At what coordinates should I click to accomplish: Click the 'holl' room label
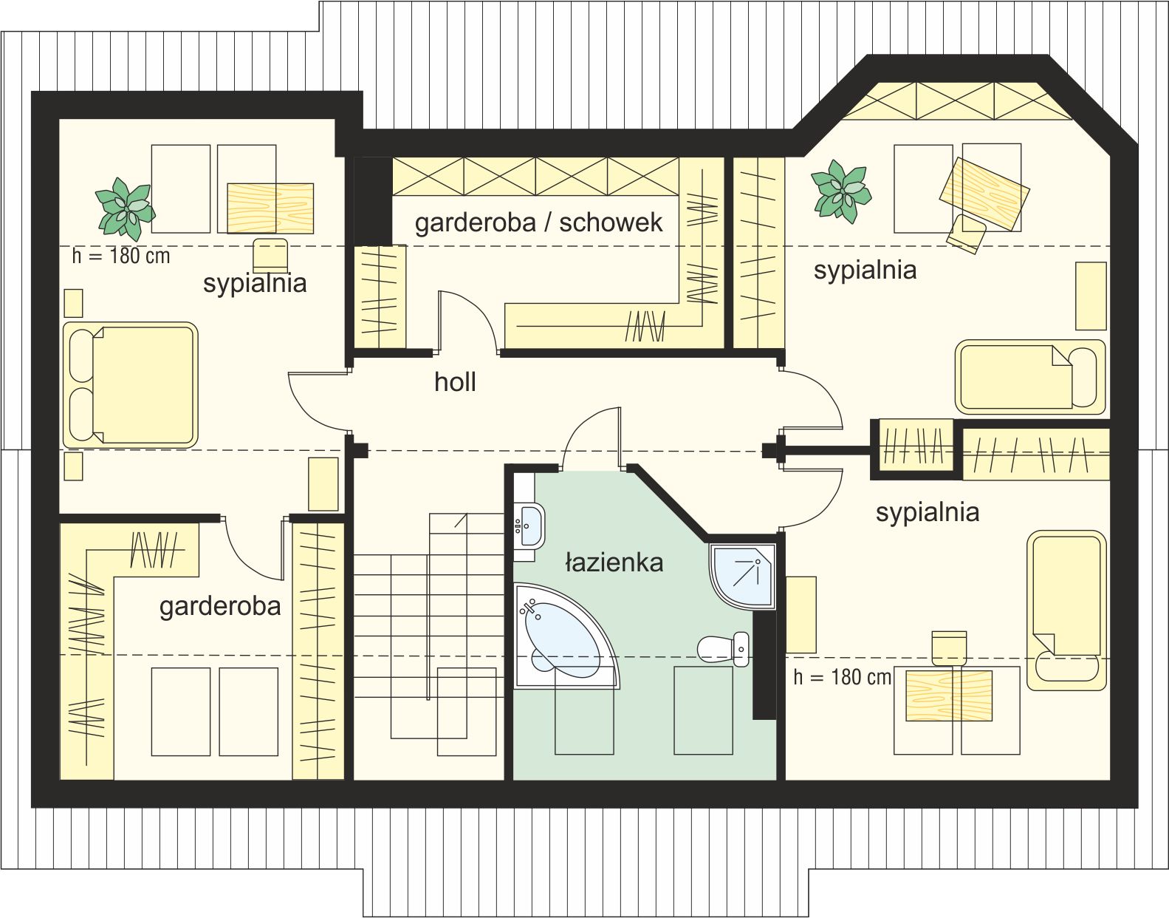[x=455, y=382]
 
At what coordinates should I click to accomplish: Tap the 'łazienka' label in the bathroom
[x=614, y=562]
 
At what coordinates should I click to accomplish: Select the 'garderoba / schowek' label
[x=538, y=223]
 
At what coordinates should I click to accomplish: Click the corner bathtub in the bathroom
[x=565, y=636]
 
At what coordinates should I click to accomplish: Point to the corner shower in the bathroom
[x=742, y=577]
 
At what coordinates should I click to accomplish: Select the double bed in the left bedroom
[x=130, y=386]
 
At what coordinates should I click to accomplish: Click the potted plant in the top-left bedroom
[x=126, y=209]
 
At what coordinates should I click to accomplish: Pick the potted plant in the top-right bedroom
[x=841, y=191]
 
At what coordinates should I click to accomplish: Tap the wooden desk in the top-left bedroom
[x=270, y=208]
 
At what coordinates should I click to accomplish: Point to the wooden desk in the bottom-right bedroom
[x=949, y=696]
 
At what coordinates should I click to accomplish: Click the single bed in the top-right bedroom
[x=1030, y=377]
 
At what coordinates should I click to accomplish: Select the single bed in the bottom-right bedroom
[x=1067, y=611]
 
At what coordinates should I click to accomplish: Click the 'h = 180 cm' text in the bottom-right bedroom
[x=843, y=677]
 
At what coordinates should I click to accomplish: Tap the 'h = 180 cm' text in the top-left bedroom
[x=121, y=256]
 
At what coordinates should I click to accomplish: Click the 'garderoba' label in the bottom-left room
[x=220, y=607]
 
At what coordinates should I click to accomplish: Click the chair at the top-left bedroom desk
[x=270, y=255]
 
